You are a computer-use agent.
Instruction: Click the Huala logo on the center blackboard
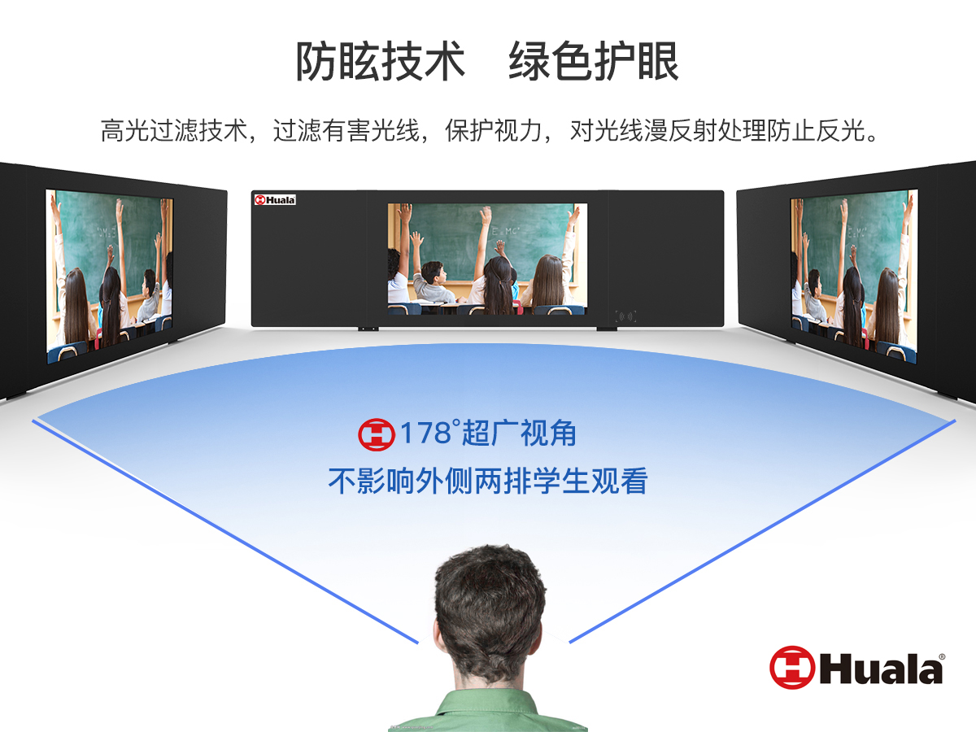[275, 200]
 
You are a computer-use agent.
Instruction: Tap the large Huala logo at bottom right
[856, 668]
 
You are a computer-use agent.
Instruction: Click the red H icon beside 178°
[377, 434]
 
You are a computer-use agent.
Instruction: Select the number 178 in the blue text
[425, 433]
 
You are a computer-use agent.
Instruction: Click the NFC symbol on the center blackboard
[625, 316]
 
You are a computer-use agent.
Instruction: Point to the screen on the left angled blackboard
[109, 277]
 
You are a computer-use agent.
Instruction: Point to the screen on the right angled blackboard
[854, 277]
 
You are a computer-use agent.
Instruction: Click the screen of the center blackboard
[487, 259]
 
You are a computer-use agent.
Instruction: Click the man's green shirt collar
[489, 702]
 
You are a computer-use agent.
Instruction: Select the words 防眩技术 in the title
[380, 61]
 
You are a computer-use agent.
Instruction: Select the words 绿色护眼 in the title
[594, 61]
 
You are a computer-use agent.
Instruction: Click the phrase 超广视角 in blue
[519, 434]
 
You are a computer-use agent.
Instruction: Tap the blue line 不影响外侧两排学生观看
[488, 481]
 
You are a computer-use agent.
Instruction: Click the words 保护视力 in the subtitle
[493, 131]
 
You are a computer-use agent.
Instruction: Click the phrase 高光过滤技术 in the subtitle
[174, 131]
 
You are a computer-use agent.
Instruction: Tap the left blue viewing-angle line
[225, 532]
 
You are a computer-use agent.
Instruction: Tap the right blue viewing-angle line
[762, 531]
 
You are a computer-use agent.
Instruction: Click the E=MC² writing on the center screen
[506, 231]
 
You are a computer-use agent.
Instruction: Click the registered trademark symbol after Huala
[942, 657]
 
